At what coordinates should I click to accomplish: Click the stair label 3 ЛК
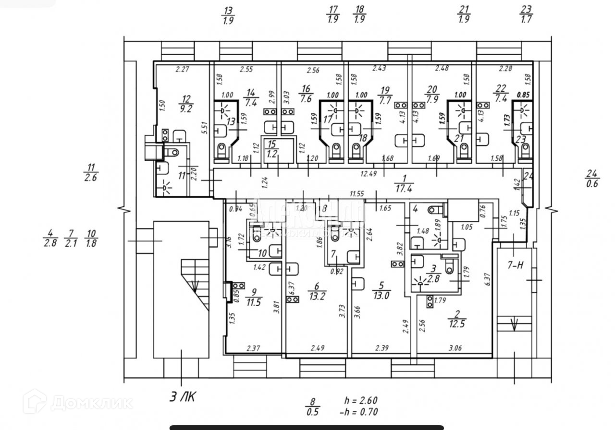coord(182,396)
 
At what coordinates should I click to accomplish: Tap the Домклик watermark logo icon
coord(37,401)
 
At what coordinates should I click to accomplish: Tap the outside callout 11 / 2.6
coord(91,173)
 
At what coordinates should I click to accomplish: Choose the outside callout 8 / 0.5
coord(313,406)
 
